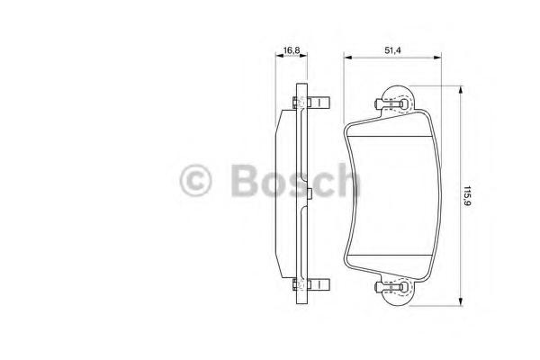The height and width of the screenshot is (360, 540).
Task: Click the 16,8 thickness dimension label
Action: pyautogui.click(x=291, y=50)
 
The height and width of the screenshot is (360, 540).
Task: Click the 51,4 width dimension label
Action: pyautogui.click(x=392, y=50)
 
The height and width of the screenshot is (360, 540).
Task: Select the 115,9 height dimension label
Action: pyautogui.click(x=467, y=196)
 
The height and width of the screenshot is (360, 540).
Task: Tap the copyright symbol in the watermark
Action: pyautogui.click(x=195, y=181)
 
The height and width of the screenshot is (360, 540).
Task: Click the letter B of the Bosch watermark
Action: pyautogui.click(x=245, y=180)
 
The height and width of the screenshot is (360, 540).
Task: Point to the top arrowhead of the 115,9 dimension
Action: pyautogui.click(x=460, y=90)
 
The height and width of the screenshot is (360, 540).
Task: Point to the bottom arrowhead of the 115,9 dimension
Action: pyautogui.click(x=460, y=301)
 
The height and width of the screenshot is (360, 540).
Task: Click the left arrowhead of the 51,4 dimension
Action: pyautogui.click(x=347, y=58)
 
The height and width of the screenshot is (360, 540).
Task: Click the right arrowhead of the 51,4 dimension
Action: pyautogui.click(x=437, y=58)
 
